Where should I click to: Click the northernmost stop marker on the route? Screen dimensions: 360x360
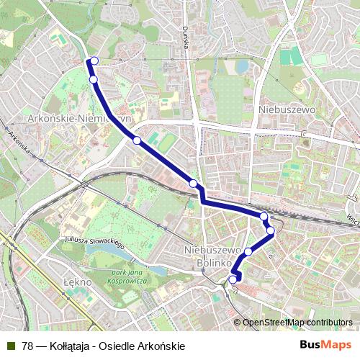coord(94,61)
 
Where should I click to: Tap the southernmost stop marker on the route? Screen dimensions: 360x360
coord(233,280)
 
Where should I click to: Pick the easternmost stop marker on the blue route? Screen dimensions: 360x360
coord(271,230)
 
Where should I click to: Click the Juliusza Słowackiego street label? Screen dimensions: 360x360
coord(94,240)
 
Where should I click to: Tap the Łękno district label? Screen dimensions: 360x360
coord(78,282)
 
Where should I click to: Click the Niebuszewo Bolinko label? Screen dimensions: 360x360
coord(212,256)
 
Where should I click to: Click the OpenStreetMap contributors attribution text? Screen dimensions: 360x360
coord(297,323)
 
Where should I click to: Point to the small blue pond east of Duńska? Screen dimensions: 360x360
coord(241,67)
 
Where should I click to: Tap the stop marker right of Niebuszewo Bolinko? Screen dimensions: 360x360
coord(248,251)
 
